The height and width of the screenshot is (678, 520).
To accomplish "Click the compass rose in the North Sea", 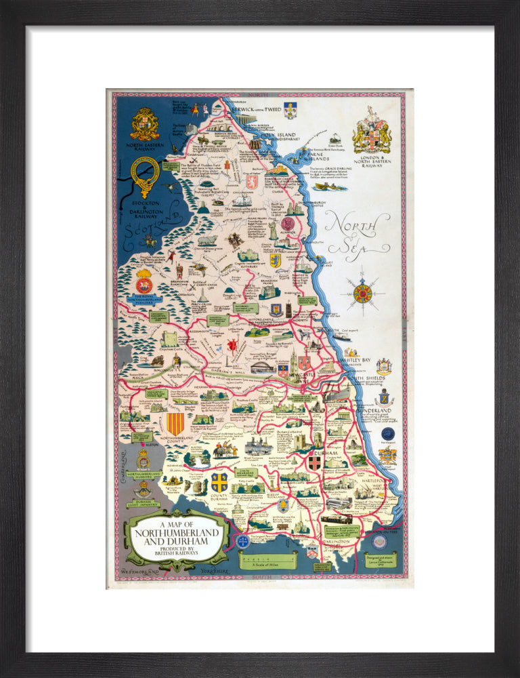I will (x=363, y=293).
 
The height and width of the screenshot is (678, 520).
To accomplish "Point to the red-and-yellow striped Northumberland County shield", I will (x=175, y=424).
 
